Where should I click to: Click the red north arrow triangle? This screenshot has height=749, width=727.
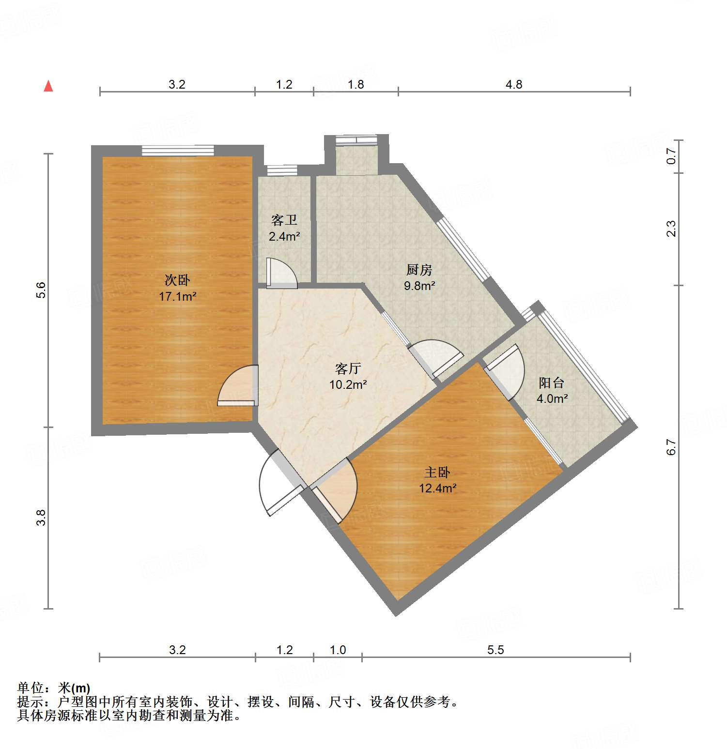point(48,86)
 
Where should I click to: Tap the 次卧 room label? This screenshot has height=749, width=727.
point(177,280)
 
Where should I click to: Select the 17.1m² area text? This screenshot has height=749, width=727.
point(177,296)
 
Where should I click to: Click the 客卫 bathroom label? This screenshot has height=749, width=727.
point(284,220)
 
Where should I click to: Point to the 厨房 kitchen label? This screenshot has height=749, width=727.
point(419,270)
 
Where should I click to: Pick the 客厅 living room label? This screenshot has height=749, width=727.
point(348,369)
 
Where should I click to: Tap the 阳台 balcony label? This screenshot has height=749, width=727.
point(552,383)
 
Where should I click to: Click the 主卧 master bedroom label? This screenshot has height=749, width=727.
point(437,472)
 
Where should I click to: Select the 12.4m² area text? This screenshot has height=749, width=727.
point(437,488)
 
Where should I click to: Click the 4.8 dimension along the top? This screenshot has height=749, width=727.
point(514,85)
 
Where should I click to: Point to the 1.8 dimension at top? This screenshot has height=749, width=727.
point(356,85)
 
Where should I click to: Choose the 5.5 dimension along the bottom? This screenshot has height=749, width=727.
point(495,650)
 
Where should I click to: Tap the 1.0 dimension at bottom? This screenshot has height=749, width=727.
point(338,650)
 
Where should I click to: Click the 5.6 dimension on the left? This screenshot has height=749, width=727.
point(41,290)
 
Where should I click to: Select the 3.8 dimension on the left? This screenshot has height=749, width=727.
point(41,518)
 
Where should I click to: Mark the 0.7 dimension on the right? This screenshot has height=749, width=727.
point(671,156)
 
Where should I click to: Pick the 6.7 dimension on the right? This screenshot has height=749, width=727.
point(671,447)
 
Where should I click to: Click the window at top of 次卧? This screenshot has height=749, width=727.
point(178,151)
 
